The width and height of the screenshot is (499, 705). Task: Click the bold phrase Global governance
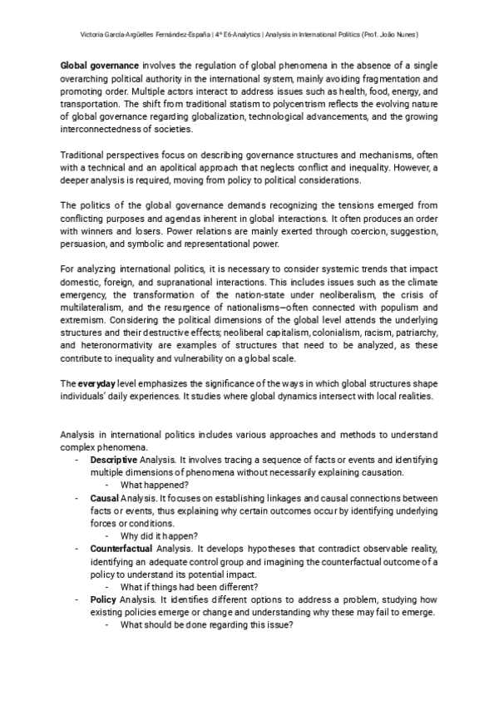tap(100, 65)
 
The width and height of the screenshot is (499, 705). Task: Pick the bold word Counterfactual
tap(122, 549)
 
